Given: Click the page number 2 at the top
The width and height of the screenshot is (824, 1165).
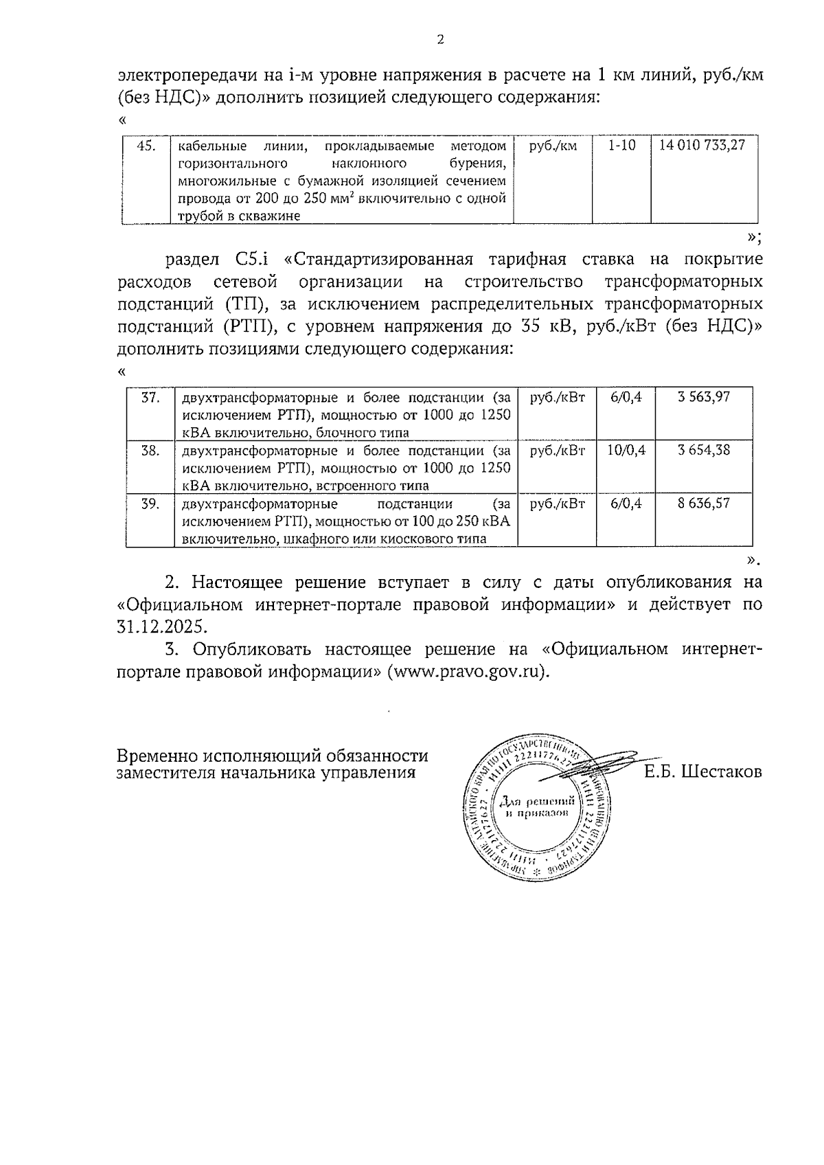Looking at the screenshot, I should click(440, 39).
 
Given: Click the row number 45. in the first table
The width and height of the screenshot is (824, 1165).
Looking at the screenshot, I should click(147, 146).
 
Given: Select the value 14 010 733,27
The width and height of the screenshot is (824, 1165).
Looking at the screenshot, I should click(702, 146).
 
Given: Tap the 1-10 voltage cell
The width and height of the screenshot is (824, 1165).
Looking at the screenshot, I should click(622, 146).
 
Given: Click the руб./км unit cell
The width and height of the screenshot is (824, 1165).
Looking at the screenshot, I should click(553, 146).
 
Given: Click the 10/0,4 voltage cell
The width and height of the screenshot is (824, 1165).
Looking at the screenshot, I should click(626, 450).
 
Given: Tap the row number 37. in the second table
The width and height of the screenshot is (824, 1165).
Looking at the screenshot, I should click(150, 397).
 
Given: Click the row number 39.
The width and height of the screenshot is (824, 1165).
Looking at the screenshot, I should click(150, 503).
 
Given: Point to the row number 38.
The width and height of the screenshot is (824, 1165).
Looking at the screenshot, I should click(150, 450).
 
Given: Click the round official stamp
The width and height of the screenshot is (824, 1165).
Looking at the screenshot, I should click(534, 810).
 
